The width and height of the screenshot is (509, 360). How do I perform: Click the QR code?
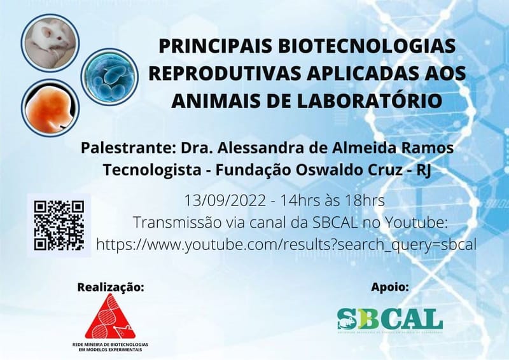[x=59, y=225]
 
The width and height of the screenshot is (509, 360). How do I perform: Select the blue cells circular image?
[x=109, y=76]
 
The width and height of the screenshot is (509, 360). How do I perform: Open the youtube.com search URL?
[x=286, y=244]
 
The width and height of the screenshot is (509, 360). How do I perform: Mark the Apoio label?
[x=390, y=287]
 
